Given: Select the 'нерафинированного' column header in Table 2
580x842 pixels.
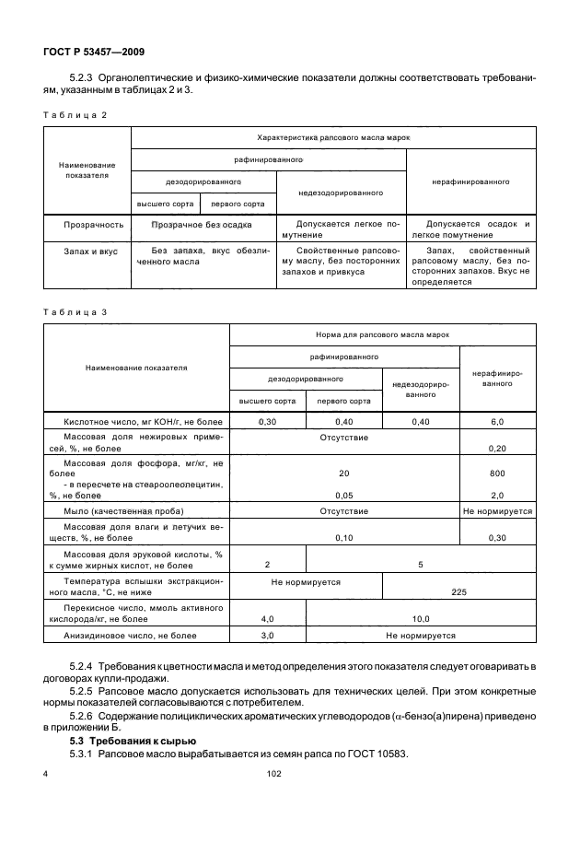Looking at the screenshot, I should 470,181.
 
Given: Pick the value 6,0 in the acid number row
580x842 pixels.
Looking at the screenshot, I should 498,421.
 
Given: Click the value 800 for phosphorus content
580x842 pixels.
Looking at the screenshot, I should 498,472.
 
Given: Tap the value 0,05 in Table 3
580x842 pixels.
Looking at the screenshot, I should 343,494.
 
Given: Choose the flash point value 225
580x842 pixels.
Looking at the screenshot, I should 458,594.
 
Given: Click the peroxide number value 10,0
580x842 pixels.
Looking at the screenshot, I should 421,618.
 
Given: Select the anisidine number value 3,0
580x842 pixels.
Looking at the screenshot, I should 267,636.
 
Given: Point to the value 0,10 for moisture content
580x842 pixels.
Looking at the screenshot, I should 343,537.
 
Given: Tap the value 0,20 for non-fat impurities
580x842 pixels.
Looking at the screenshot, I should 498,448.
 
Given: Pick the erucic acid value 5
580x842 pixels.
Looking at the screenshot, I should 421,565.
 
